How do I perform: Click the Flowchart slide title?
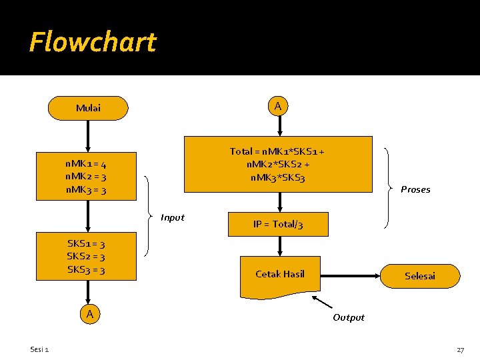pyautogui.click(x=92, y=42)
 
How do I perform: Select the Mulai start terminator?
pyautogui.click(x=88, y=108)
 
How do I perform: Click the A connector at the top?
pyautogui.click(x=278, y=106)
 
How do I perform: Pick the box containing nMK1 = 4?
pyautogui.click(x=87, y=177)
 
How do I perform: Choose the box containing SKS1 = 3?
pyautogui.click(x=87, y=257)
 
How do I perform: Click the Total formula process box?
pyautogui.click(x=278, y=164)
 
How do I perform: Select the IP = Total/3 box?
pyautogui.click(x=278, y=224)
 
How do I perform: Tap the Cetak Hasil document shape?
pyautogui.click(x=280, y=274)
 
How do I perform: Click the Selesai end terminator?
pyautogui.click(x=420, y=275)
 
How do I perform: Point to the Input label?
pyautogui.click(x=173, y=217)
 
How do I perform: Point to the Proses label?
pyautogui.click(x=415, y=189)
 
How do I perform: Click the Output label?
pyautogui.click(x=349, y=317)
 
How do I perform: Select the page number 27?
pyautogui.click(x=460, y=350)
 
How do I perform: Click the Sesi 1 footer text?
pyautogui.click(x=39, y=350)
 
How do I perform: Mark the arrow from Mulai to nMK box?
pyautogui.click(x=87, y=137)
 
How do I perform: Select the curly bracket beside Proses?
pyautogui.click(x=389, y=188)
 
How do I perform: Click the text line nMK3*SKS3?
pyautogui.click(x=278, y=177)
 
